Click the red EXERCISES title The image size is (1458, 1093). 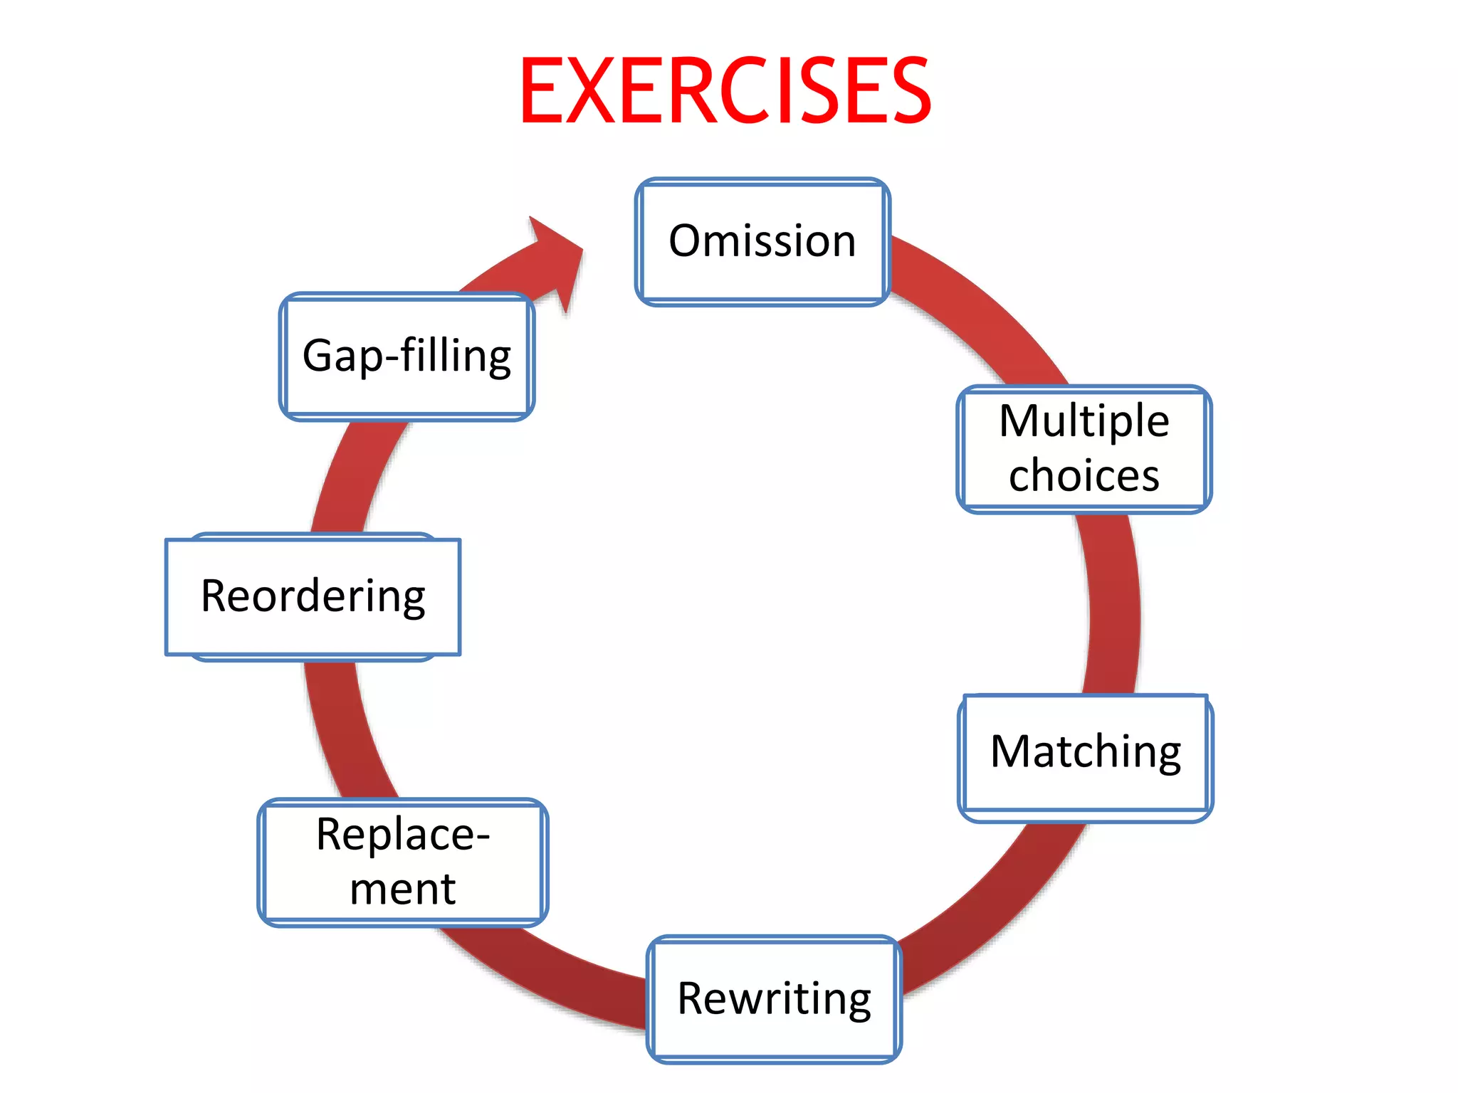coord(725,91)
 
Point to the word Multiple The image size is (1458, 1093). coord(1084,421)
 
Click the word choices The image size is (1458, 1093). coord(1084,475)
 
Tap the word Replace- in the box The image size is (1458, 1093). coord(402,834)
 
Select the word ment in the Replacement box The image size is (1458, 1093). coord(402,889)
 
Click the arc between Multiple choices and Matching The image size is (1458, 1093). coord(1113,605)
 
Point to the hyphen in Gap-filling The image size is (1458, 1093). coord(392,356)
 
